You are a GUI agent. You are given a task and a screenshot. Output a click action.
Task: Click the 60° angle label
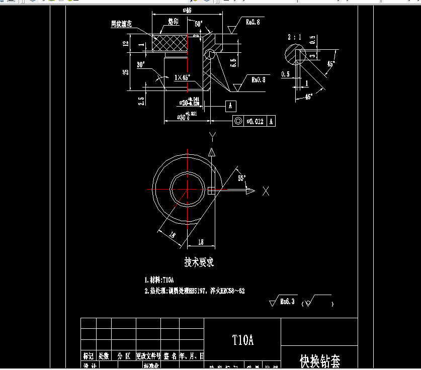point(198,24)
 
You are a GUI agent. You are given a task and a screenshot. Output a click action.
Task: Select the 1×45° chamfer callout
point(182,78)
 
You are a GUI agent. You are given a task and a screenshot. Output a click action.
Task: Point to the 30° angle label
point(141,64)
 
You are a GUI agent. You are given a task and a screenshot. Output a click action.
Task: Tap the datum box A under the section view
point(230,106)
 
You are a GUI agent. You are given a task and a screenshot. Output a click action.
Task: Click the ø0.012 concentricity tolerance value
point(254,121)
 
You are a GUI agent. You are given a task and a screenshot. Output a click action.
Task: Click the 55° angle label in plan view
point(242,178)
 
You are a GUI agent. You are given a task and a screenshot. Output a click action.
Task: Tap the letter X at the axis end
point(266,191)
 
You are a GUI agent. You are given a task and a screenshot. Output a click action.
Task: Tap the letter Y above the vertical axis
point(213,137)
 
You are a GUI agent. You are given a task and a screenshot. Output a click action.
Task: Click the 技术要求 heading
point(199,262)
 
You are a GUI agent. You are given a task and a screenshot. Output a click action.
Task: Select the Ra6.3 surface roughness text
point(287,301)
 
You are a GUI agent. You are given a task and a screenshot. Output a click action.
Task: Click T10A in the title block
point(242,340)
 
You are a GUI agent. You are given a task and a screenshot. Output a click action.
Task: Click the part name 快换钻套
point(319,360)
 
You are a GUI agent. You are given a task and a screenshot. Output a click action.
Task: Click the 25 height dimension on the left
point(126,71)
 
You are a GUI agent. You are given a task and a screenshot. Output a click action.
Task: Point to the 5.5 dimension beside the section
point(233,62)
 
